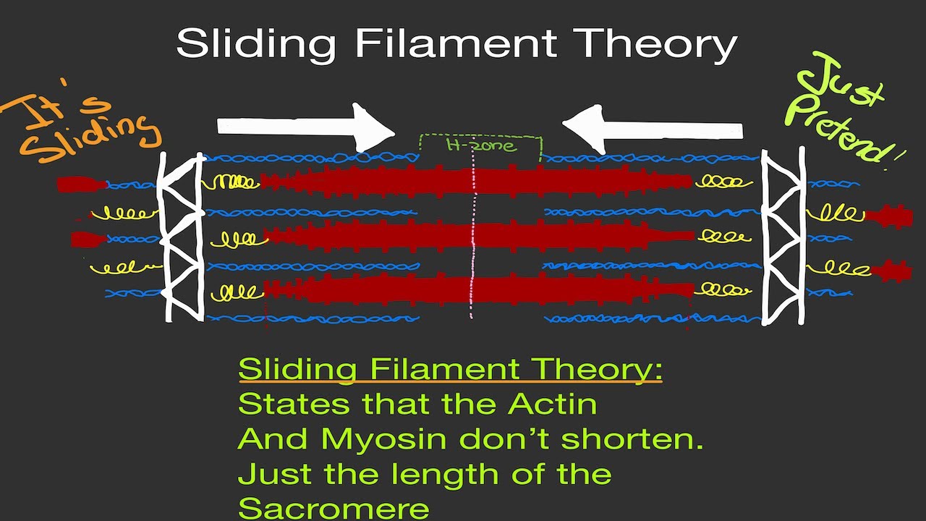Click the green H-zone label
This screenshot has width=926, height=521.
(x=481, y=145)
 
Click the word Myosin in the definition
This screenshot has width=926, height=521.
(x=370, y=439)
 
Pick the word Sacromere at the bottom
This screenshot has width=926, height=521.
(x=334, y=507)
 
